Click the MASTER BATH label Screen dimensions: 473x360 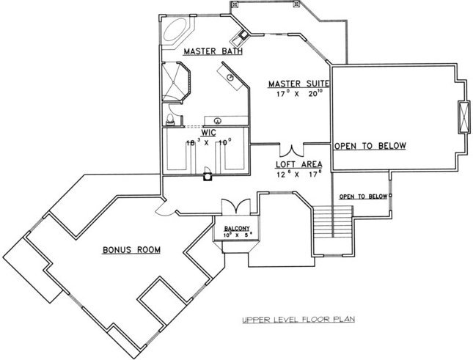[x=213, y=51]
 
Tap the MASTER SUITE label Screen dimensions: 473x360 [x=298, y=84]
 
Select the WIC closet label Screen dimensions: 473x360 [x=208, y=133]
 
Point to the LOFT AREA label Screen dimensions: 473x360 [x=299, y=164]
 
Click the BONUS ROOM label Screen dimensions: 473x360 [x=131, y=250]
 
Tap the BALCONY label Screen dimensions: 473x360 [x=237, y=229]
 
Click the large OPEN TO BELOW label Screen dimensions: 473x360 [x=370, y=146]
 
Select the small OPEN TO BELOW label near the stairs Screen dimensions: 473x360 [x=363, y=196]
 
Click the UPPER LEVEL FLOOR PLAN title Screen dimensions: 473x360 [x=298, y=319]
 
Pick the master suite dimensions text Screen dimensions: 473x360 [x=299, y=94]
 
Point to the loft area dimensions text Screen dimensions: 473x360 [x=299, y=175]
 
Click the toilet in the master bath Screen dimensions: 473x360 [x=170, y=120]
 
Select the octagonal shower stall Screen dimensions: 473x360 [x=176, y=81]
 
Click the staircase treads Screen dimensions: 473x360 [x=333, y=221]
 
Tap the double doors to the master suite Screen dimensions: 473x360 [x=292, y=151]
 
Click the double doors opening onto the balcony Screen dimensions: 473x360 [x=236, y=206]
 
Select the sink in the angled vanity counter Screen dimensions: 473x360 [x=230, y=77]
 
